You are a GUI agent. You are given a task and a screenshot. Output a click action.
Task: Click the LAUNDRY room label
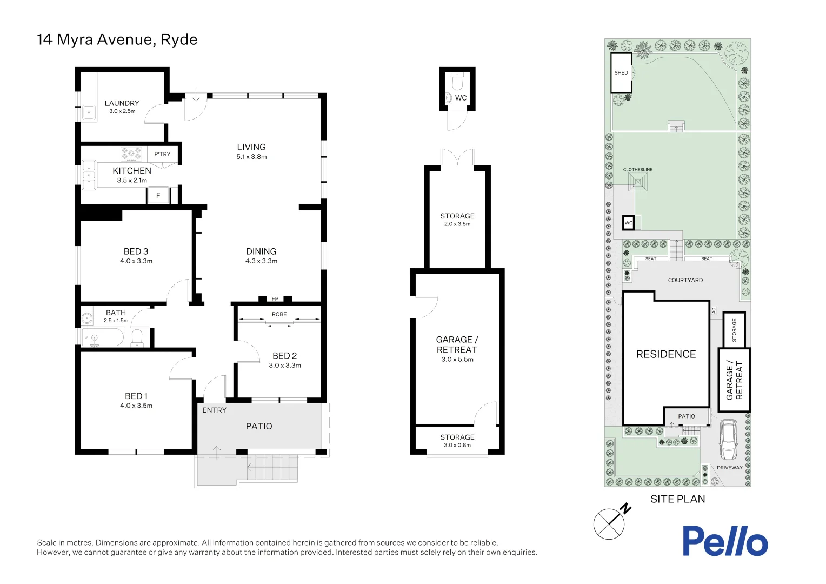[x=122, y=103]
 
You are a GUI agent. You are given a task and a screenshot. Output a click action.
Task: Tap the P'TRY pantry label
[x=162, y=154]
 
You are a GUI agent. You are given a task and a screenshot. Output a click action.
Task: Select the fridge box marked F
[x=158, y=195]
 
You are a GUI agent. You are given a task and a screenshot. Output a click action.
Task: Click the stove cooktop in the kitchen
[x=131, y=154]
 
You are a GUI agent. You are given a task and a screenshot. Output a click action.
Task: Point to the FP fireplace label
[x=275, y=299]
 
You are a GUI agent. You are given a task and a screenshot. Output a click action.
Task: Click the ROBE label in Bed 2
[x=279, y=314]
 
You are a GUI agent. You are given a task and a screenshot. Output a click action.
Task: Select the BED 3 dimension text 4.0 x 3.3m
[x=136, y=261]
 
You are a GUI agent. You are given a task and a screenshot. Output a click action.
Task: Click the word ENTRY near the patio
[x=214, y=410]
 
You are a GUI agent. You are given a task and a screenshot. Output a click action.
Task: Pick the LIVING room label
[x=251, y=147]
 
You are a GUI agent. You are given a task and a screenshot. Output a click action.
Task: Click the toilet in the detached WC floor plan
[x=457, y=82]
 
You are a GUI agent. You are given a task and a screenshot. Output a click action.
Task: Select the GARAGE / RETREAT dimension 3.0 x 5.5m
[x=457, y=360]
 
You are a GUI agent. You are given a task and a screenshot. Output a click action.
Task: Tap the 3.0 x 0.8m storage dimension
[x=457, y=446]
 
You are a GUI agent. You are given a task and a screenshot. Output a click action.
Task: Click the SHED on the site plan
[x=621, y=73]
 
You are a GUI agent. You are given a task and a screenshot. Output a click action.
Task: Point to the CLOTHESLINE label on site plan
[x=637, y=170]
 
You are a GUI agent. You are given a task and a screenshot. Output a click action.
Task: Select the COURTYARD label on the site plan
[x=685, y=280]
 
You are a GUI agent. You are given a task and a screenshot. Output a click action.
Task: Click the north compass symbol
[x=610, y=523]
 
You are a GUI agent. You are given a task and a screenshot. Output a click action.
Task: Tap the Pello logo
[x=724, y=541]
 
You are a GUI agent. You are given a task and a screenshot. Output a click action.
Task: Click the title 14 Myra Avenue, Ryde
[x=117, y=39]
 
